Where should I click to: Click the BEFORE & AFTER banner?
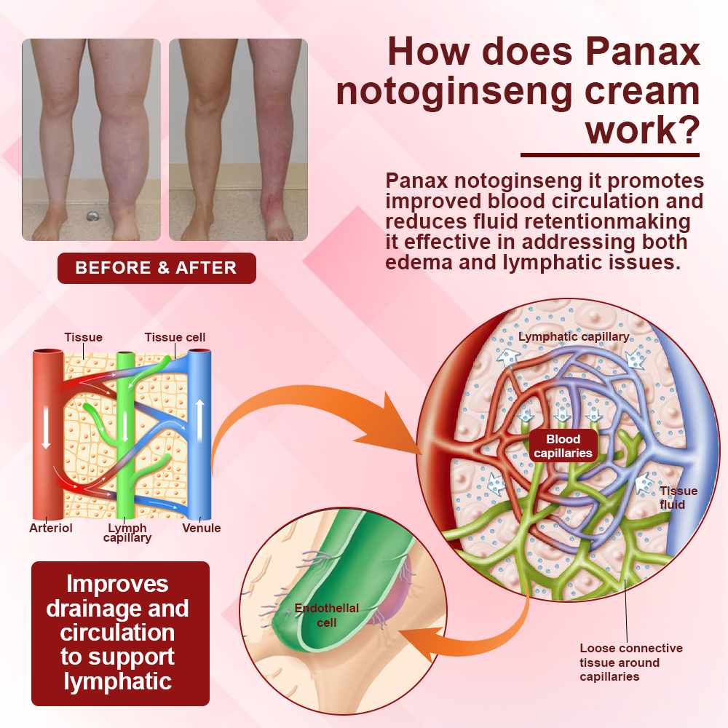[157, 268]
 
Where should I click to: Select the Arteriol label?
[51, 528]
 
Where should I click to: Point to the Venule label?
[202, 528]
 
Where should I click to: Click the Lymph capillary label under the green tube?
[127, 533]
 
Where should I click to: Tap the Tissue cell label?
[175, 337]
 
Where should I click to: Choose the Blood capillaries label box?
[563, 446]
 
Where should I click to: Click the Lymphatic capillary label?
[574, 337]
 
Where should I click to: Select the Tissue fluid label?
[673, 498]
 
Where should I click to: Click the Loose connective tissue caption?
[630, 662]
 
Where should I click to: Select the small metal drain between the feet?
[92, 217]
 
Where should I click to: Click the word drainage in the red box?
[117, 608]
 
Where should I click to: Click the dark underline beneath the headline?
[610, 155]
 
